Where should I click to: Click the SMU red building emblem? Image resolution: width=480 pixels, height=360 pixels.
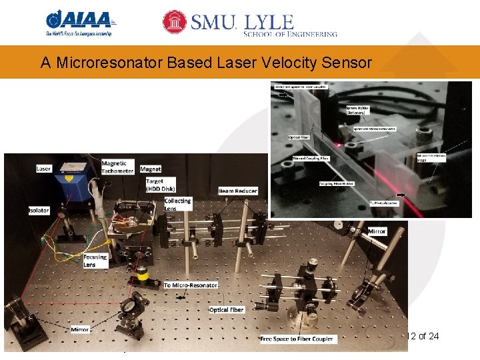(x=175, y=22)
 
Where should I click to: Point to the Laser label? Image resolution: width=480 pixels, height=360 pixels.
(x=43, y=169)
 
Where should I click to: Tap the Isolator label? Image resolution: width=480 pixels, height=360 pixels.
(x=39, y=211)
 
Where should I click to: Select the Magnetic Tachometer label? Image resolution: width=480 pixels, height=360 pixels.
(x=117, y=167)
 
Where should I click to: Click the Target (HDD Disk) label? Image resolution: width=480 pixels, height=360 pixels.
(x=155, y=185)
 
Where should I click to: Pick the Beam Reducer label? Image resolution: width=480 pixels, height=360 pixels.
(x=237, y=191)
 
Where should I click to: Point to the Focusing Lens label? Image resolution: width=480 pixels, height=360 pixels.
(x=95, y=261)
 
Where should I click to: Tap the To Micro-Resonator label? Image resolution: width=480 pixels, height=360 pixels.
(x=191, y=285)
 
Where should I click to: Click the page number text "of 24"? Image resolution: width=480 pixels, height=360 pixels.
(x=427, y=336)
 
